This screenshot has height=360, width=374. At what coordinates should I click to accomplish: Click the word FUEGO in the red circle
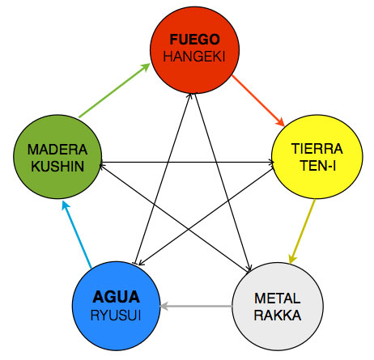pyautogui.click(x=194, y=40)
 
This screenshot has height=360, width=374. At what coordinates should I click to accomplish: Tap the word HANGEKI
pyautogui.click(x=194, y=57)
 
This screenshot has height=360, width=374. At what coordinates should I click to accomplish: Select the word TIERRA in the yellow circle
pyautogui.click(x=317, y=149)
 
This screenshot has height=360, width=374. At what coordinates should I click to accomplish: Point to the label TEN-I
pyautogui.click(x=318, y=166)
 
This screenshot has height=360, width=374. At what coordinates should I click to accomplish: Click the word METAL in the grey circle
pyautogui.click(x=278, y=299)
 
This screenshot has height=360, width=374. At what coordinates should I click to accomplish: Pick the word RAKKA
pyautogui.click(x=278, y=316)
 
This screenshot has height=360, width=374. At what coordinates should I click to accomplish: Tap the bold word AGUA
pyautogui.click(x=116, y=297)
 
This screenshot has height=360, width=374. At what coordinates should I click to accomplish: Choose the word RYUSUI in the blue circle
pyautogui.click(x=116, y=316)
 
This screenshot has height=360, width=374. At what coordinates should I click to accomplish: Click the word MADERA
pyautogui.click(x=57, y=150)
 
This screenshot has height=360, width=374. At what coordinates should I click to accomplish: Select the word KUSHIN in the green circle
pyautogui.click(x=57, y=166)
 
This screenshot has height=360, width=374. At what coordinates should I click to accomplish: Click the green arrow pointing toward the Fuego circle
pyautogui.click(x=115, y=91)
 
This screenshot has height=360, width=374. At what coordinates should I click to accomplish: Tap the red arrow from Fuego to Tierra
pyautogui.click(x=258, y=100)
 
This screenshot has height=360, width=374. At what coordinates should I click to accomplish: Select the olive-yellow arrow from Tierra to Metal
pyautogui.click(x=302, y=231)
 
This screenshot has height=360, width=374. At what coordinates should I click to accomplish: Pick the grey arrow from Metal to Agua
pyautogui.click(x=196, y=306)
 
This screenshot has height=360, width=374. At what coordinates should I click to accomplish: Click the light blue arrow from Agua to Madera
pyautogui.click(x=77, y=235)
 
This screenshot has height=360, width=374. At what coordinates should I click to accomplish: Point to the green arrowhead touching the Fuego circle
pyautogui.click(x=145, y=67)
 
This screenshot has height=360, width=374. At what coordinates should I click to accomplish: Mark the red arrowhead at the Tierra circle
pyautogui.click(x=280, y=122)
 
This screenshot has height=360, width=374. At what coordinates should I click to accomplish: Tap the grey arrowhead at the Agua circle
pyautogui.click(x=164, y=306)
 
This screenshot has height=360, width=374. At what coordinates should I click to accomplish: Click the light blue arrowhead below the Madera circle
pyautogui.click(x=66, y=205)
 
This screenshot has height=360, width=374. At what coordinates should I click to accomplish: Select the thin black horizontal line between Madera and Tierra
pyautogui.click(x=187, y=162)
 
